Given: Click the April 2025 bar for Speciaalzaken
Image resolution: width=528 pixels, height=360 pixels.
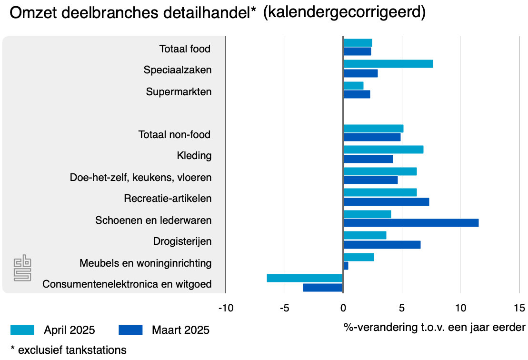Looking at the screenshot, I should click(x=388, y=64).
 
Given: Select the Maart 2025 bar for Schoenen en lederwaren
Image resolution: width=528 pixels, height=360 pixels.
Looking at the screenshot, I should click(x=411, y=223).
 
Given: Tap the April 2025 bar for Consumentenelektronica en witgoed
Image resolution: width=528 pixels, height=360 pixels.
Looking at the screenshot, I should click(x=305, y=278).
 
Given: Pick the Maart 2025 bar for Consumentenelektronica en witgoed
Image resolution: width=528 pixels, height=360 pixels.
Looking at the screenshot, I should click(x=323, y=288).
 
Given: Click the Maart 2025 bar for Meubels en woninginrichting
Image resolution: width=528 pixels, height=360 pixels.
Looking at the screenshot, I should click(x=346, y=266).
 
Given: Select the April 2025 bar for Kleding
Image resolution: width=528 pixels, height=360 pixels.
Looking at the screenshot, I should click(x=383, y=150).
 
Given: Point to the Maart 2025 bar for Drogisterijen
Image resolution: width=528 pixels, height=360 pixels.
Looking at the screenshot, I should click(x=382, y=245).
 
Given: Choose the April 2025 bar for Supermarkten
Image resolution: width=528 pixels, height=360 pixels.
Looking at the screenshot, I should click(x=353, y=86).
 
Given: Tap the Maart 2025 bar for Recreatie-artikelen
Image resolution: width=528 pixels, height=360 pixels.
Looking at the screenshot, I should click(x=386, y=202).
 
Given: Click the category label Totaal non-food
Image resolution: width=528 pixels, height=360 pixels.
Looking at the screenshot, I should click(x=174, y=135).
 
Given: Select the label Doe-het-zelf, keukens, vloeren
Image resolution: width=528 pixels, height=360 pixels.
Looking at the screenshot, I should click(x=140, y=178).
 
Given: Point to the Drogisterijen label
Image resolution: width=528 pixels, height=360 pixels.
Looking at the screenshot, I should click(x=182, y=241).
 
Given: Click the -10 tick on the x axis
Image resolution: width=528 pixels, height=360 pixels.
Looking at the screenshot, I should click(x=225, y=308).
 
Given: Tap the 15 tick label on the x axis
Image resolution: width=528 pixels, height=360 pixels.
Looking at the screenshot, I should click(x=519, y=308).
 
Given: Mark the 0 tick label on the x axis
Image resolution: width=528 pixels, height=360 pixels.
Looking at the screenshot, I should click(x=343, y=308).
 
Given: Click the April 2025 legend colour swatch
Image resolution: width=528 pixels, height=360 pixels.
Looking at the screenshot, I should click(x=22, y=330).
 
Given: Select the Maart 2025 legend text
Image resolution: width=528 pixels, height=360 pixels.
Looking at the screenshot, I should click(x=180, y=330).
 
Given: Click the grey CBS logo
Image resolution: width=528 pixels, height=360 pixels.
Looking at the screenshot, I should click(x=22, y=268).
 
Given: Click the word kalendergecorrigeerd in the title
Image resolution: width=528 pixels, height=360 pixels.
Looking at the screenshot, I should click(x=344, y=13).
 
